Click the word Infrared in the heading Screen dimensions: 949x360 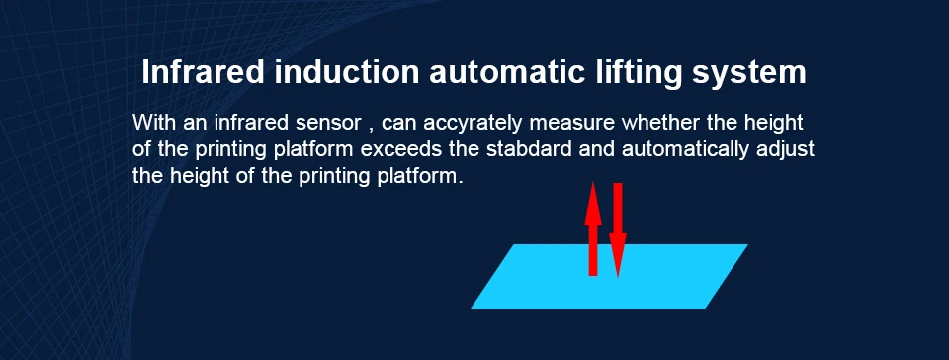click(x=204, y=72)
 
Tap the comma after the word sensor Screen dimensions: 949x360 click(x=371, y=130)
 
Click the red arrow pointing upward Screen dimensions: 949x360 click(x=593, y=228)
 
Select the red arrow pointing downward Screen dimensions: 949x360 click(x=617, y=229)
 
